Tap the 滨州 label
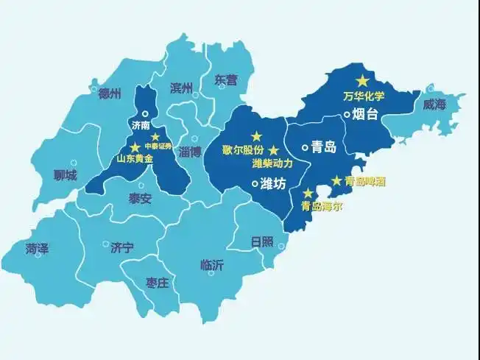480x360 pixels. coord(181,88)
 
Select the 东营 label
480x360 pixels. coord(226,79)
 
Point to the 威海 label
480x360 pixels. coord(434,105)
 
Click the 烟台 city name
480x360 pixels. coord(364,113)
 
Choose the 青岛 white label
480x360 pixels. coord(324,147)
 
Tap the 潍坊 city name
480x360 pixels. coord(273,184)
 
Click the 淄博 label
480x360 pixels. coord(190,152)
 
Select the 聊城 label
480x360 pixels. coord(66,176)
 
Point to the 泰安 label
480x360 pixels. coord(140,198)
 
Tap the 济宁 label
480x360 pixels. coord(122,248)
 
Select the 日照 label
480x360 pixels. coord(261,242)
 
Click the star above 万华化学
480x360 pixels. coord(361,80)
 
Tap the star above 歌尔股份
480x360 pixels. coord(256,136)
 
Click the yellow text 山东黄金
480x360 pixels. coord(135,159)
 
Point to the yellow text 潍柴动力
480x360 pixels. coord(272,163)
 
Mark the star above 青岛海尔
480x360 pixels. coord(307,193)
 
